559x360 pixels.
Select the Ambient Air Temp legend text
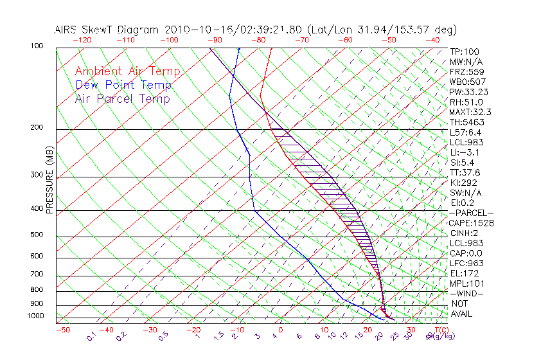pyautogui.click(x=127, y=71)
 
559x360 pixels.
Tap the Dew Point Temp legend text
pyautogui.click(x=123, y=85)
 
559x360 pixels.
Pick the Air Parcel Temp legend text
pyautogui.click(x=122, y=98)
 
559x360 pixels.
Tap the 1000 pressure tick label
pyautogui.click(x=36, y=316)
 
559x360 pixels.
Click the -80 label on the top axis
pyautogui.click(x=259, y=40)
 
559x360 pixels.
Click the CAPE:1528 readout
pyautogui.click(x=471, y=223)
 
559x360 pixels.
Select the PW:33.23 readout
pyautogui.click(x=469, y=92)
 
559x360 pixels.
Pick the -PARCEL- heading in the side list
pyautogui.click(x=471, y=213)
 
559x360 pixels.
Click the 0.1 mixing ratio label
pyautogui.click(x=92, y=336)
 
